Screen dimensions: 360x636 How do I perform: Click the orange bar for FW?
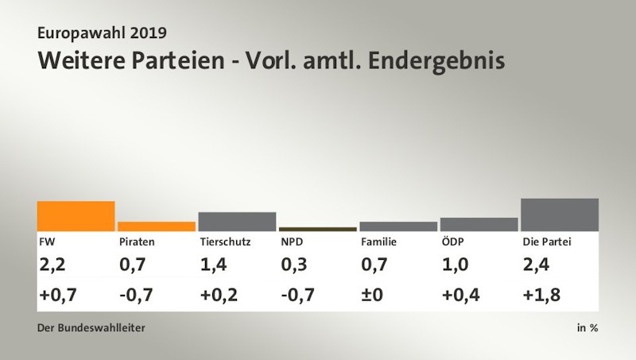tap(76, 216)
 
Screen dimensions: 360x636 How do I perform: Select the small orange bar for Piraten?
tap(157, 226)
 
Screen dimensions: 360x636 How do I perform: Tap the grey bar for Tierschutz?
tap(237, 222)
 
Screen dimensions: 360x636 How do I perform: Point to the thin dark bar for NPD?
tap(318, 229)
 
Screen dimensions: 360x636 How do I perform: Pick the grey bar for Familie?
tap(398, 226)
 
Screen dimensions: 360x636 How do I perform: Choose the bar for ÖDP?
tap(479, 224)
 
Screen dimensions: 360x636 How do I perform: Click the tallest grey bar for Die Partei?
tap(560, 215)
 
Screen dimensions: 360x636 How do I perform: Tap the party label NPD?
tap(292, 242)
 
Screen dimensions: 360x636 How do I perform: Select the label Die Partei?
tap(547, 242)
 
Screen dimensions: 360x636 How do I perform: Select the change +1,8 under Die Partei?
tap(541, 296)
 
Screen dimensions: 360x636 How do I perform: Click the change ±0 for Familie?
tap(372, 296)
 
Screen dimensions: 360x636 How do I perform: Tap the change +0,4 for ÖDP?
tap(460, 296)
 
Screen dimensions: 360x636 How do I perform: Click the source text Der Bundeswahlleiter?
tap(91, 327)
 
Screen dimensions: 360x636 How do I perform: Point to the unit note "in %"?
tap(588, 327)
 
